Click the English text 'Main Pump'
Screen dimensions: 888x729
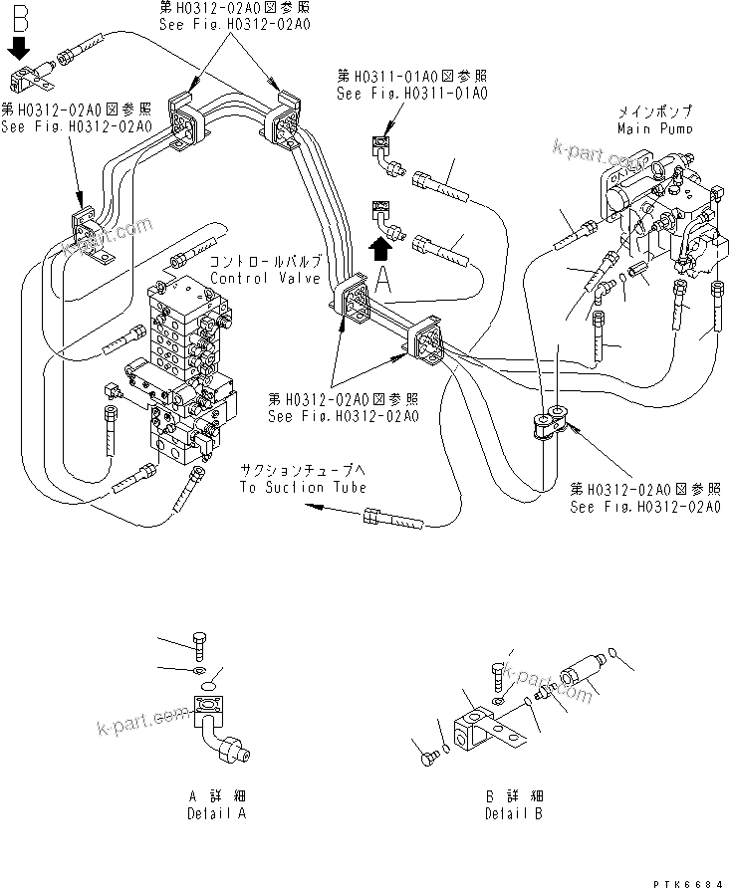click(x=653, y=128)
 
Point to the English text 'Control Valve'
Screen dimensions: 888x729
click(x=252, y=278)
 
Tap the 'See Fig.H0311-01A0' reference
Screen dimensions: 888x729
click(x=411, y=94)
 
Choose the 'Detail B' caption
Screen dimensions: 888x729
click(x=514, y=813)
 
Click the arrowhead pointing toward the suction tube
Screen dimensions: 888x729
click(x=313, y=506)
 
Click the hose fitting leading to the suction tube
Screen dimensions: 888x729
click(x=394, y=519)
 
